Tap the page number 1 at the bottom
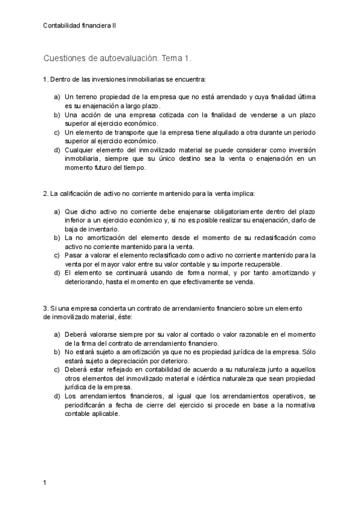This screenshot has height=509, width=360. point(45,481)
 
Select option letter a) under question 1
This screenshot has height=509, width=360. point(58,97)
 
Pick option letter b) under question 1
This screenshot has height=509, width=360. point(58,114)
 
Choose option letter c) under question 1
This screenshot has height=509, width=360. point(58,132)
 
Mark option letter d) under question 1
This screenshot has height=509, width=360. point(58,149)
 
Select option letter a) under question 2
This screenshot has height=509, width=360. point(58,212)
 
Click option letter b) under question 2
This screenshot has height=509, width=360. point(58,238)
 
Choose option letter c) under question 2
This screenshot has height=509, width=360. point(58,256)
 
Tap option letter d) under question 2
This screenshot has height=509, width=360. point(58,273)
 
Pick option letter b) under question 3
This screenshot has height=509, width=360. point(58,352)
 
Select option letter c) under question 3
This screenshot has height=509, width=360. point(58,370)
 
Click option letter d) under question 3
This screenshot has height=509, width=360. point(58,396)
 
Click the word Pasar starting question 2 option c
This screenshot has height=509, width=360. point(74,256)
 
